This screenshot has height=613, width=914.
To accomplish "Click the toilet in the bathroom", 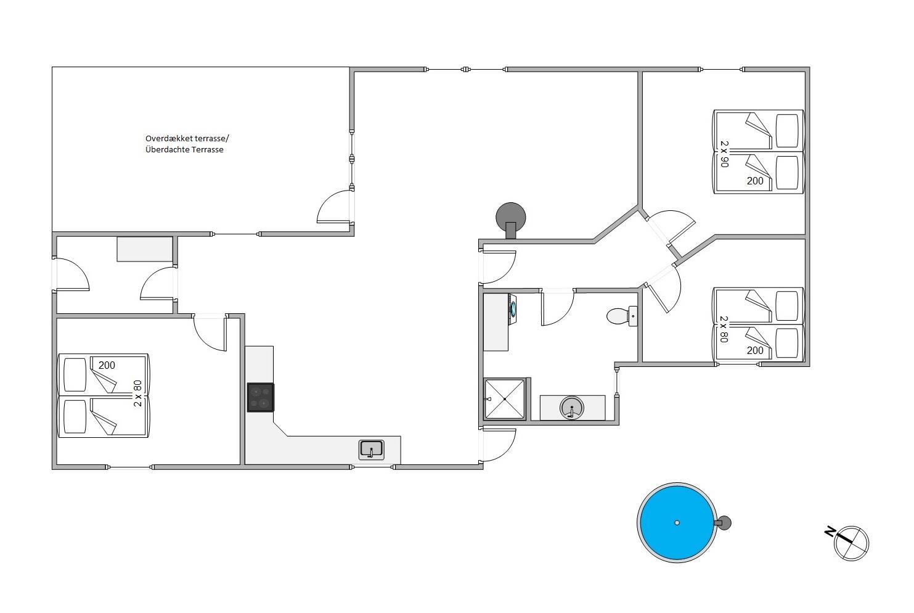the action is pos(622,316).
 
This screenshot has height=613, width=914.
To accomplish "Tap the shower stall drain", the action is pos(505,399).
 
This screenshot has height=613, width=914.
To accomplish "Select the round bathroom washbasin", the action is pos(572,408).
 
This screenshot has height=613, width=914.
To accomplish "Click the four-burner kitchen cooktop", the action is pos(261,397).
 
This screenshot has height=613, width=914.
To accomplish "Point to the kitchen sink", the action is pos(371,450).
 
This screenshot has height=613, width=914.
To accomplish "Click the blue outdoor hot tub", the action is pos(677,523).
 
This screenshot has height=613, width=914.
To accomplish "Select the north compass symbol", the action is pos(848,543).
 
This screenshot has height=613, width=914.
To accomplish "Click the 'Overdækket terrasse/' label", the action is pos(187,138).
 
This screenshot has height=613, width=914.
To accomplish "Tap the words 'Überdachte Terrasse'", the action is pos(184,149).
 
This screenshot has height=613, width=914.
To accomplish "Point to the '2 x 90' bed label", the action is pos(724,154).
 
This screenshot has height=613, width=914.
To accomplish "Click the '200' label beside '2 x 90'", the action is pos(755,181).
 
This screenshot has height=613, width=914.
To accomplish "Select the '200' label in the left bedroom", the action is pos(107,365).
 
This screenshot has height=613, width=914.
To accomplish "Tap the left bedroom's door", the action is pos(210,332).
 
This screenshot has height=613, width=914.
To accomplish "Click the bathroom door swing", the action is pos(558,308).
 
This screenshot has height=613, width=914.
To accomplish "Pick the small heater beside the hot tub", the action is pos(723,523).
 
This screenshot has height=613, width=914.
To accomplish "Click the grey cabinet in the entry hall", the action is pos(145,249).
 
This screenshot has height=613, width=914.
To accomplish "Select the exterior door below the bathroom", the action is pos(499,445).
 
